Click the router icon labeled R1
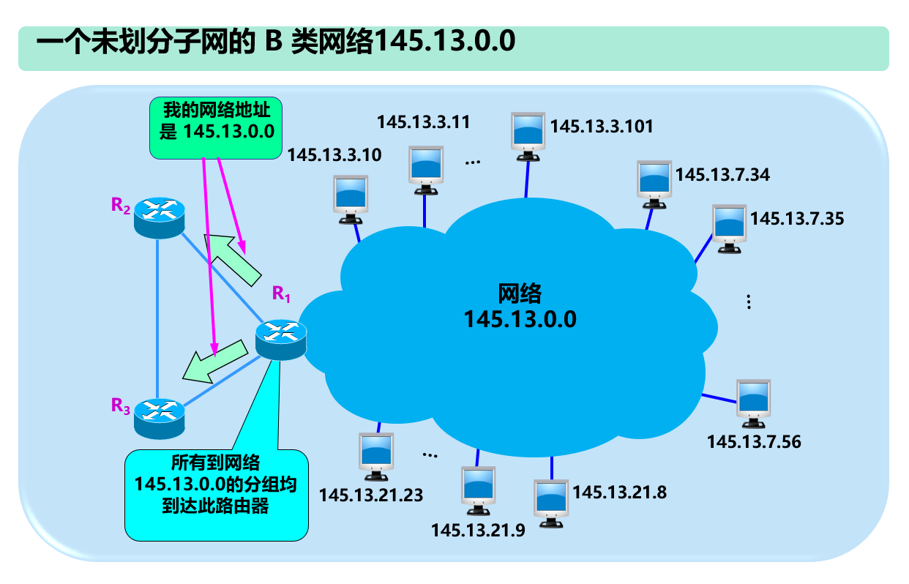tap(280, 340)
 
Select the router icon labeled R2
tap(158, 217)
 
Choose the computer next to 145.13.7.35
tap(730, 229)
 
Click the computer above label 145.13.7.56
tap(753, 403)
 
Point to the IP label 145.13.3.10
tap(334, 154)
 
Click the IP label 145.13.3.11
tap(423, 121)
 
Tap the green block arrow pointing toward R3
tap(214, 359)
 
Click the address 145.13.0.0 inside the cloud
tap(520, 320)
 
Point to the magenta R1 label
tap(282, 294)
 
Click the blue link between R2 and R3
tap(157, 315)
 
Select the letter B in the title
tap(273, 42)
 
